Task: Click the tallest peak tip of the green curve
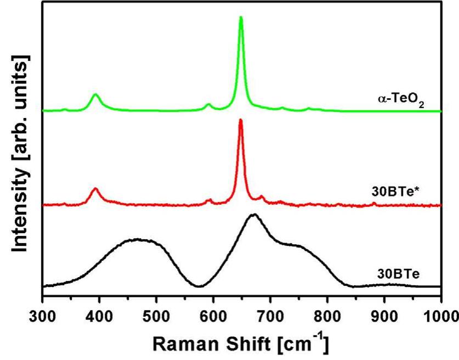[x=241, y=18]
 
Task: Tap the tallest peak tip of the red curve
[x=240, y=120]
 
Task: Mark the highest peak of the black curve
[x=253, y=215]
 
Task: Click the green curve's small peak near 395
[x=96, y=94]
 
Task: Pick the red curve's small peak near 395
[x=95, y=189]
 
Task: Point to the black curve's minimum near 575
[x=199, y=286]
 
